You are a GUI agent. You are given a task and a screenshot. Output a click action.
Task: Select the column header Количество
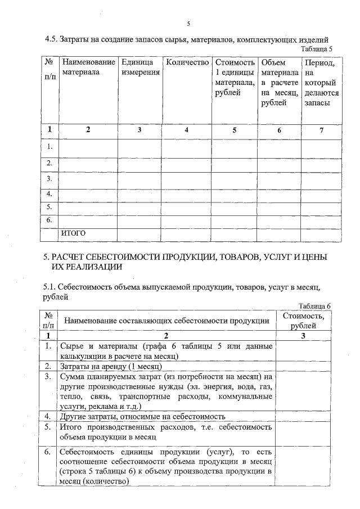187,62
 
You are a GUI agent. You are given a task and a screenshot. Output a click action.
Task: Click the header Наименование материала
88,67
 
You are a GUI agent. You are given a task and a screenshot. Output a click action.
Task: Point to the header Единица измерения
139,67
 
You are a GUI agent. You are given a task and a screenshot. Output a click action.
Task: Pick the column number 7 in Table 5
321,130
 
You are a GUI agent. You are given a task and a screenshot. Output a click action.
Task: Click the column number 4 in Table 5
187,130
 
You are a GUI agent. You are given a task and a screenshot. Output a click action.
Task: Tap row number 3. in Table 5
50,179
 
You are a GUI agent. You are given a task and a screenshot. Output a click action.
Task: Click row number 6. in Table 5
50,219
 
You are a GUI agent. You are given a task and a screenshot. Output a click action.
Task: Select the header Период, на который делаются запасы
321,83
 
